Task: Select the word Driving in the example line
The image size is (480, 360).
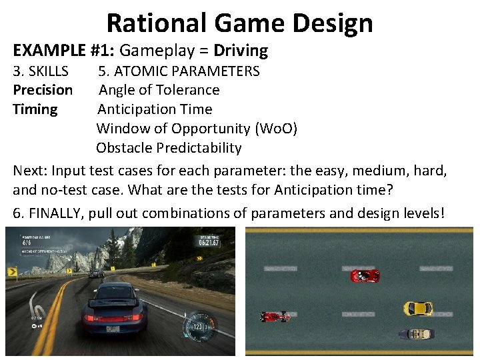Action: [x=241, y=51]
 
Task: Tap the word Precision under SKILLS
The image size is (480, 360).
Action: [x=43, y=90]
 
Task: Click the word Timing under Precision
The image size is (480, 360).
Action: [x=35, y=109]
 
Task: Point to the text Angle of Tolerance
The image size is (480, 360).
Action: [x=159, y=90]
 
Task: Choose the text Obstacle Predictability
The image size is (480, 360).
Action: [x=169, y=147]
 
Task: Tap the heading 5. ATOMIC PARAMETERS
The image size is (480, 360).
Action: [x=179, y=71]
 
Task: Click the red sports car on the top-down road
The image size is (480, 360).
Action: [x=365, y=275]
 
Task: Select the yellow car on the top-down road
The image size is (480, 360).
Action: [x=418, y=308]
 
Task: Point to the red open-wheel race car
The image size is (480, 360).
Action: [x=275, y=316]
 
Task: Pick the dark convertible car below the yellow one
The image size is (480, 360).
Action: [x=416, y=333]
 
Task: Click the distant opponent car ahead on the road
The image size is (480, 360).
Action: [x=97, y=273]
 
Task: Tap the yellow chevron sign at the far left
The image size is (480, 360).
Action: [x=12, y=271]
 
